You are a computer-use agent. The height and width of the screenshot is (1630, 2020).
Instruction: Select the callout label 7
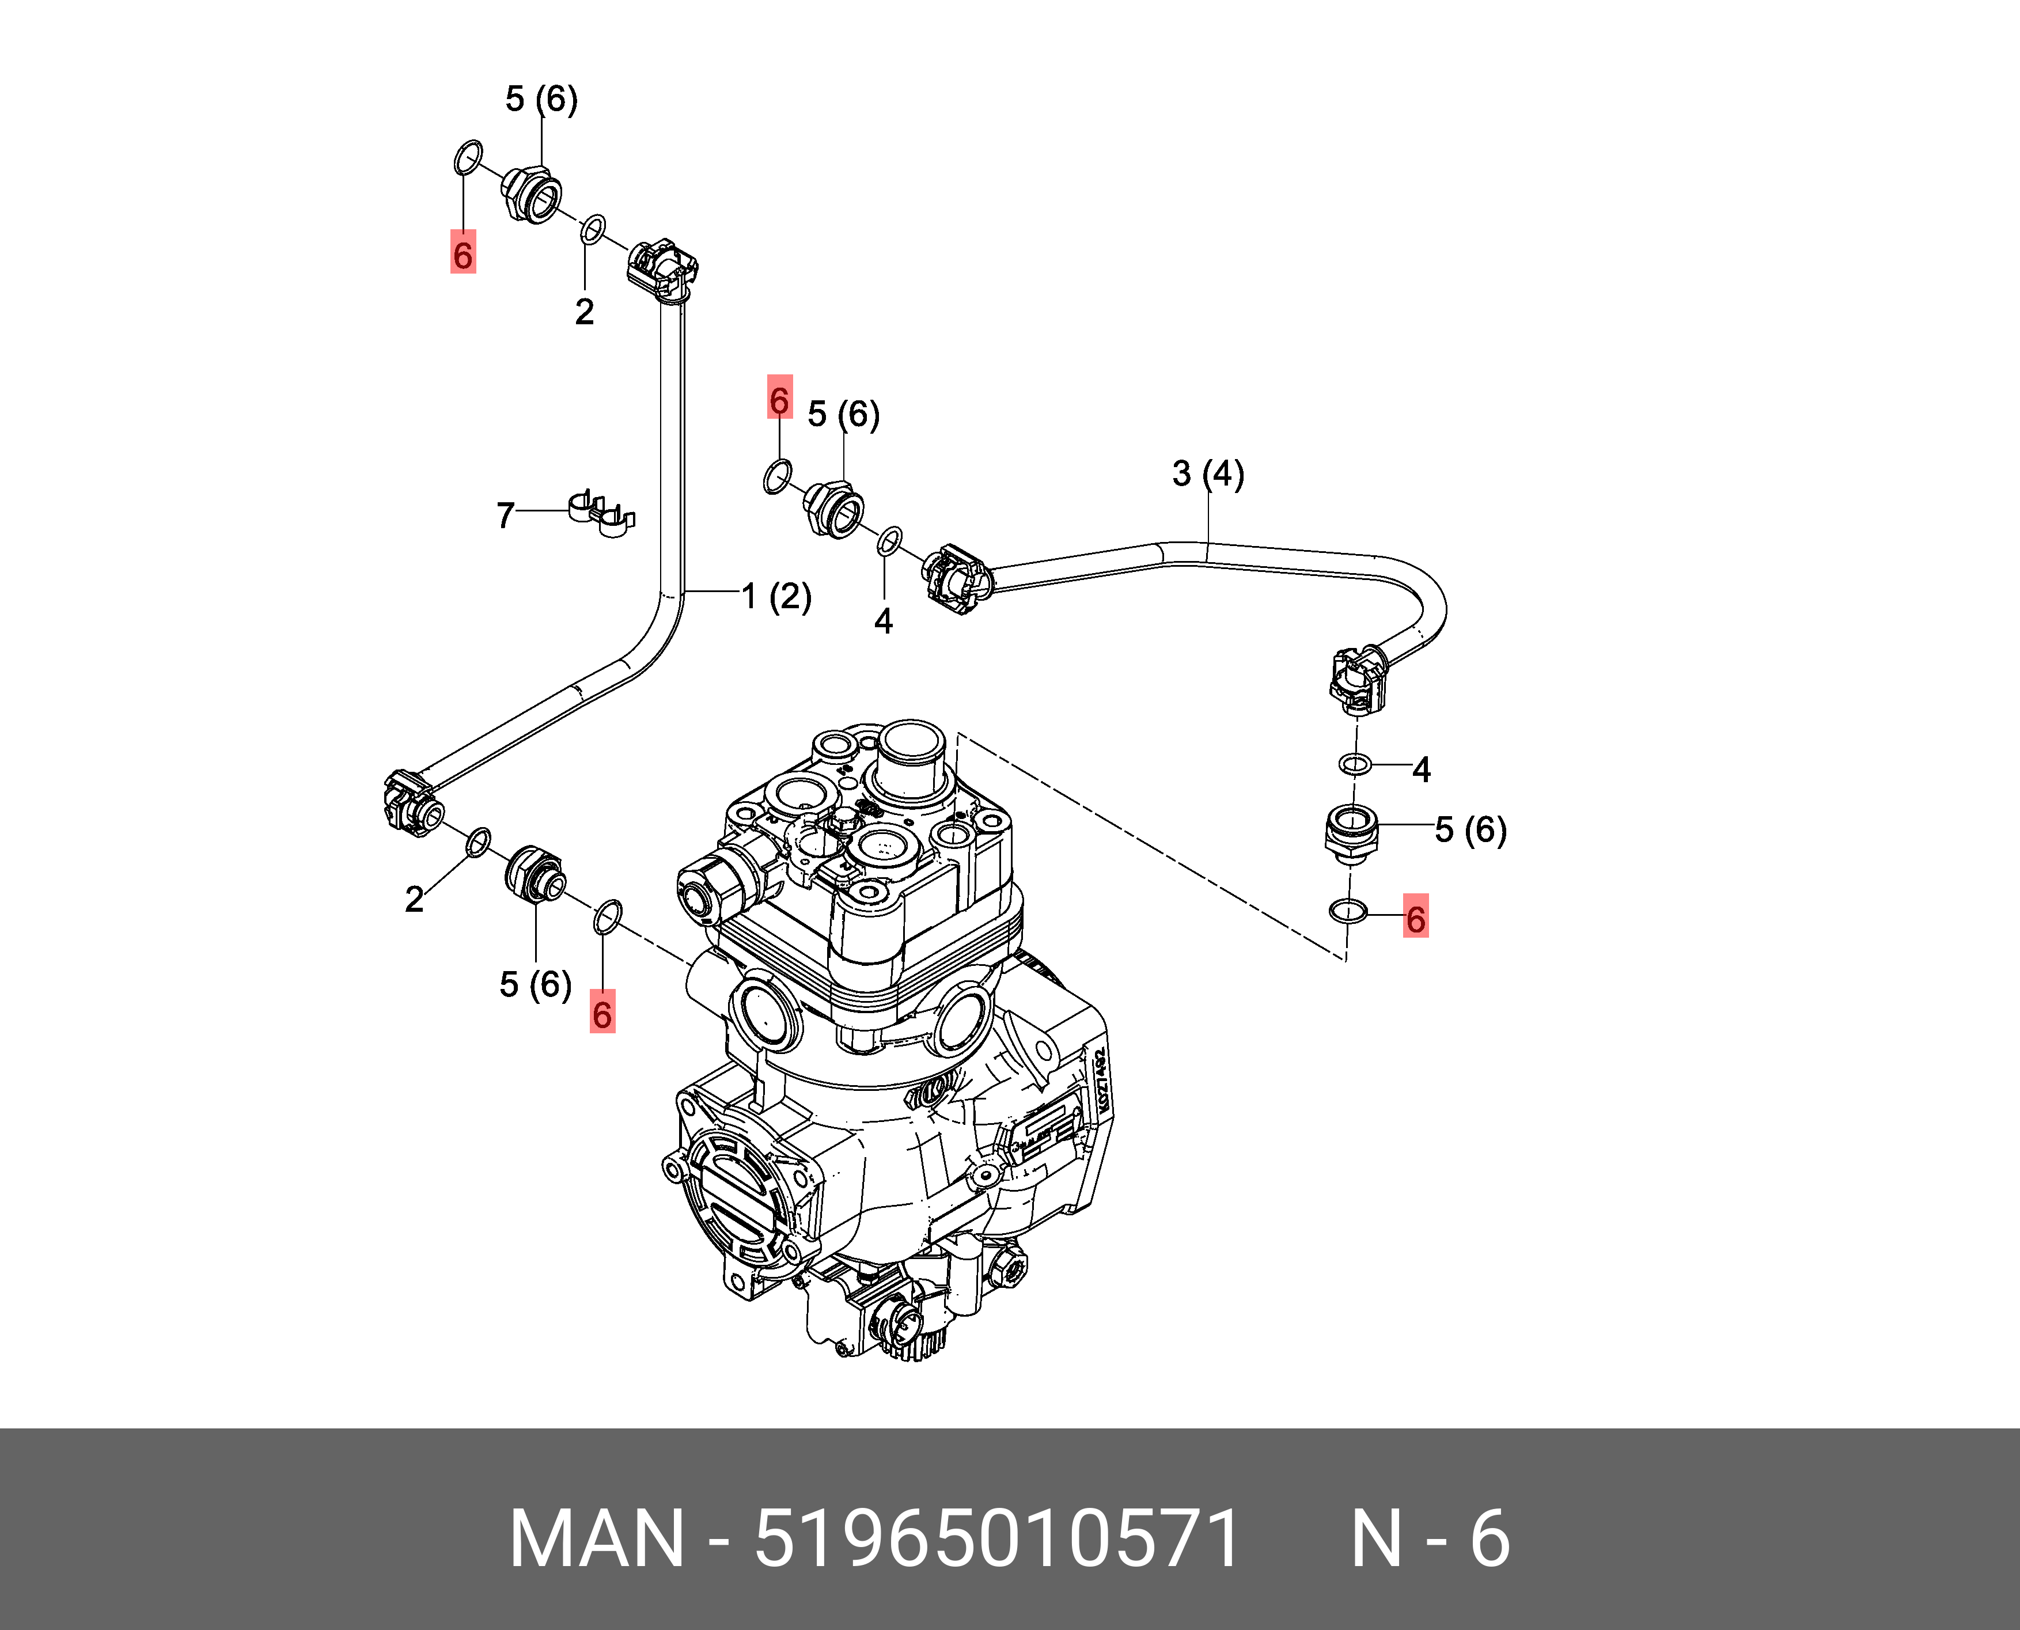(505, 515)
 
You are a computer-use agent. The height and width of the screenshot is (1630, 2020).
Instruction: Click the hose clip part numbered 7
(601, 513)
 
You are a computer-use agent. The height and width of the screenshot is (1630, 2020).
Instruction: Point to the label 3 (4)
(1208, 474)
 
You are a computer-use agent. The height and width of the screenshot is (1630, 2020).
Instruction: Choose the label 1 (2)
(776, 596)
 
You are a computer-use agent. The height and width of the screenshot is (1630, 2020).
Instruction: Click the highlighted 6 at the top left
(463, 253)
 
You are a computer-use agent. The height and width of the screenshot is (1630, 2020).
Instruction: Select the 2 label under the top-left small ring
(584, 311)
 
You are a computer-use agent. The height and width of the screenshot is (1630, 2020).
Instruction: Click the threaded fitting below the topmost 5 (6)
(532, 194)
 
